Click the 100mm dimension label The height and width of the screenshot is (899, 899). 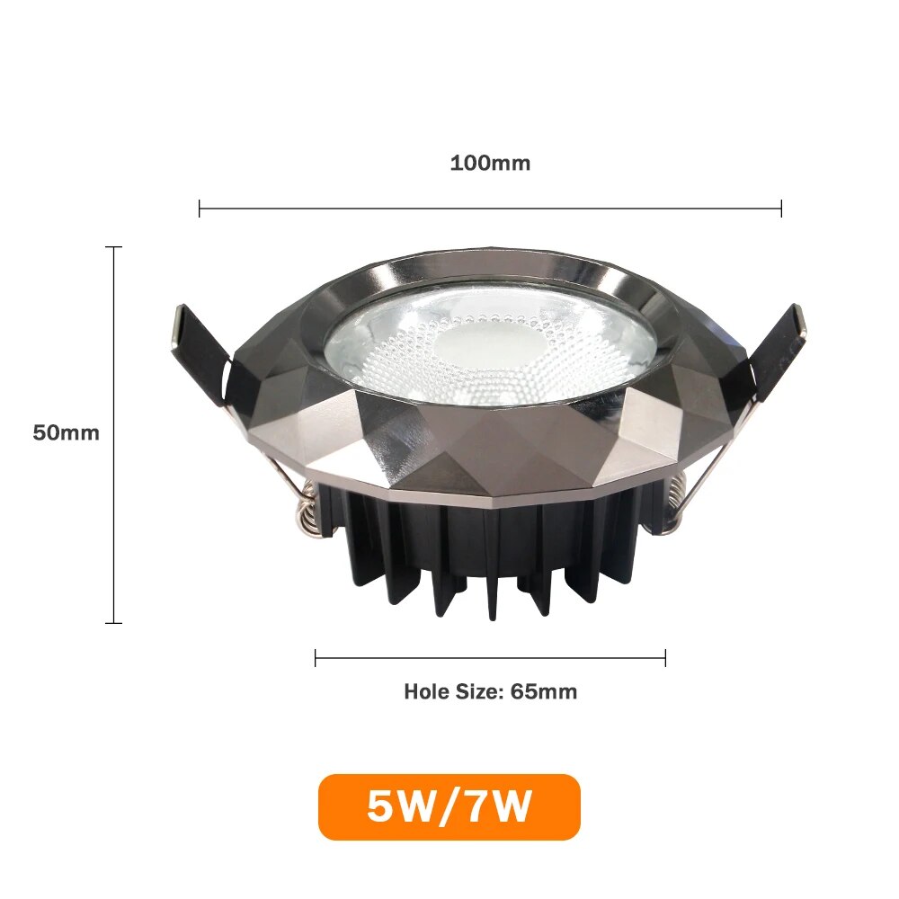(x=490, y=164)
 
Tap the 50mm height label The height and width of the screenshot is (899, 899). (x=66, y=432)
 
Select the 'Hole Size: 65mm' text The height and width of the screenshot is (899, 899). (x=490, y=692)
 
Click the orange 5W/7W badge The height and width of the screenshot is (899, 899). (x=449, y=806)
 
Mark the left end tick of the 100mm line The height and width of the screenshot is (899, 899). (x=200, y=209)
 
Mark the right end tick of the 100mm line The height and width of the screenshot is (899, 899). (x=781, y=209)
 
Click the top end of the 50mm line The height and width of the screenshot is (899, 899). (x=113, y=246)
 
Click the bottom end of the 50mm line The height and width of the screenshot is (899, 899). (x=113, y=622)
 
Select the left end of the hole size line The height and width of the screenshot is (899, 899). (x=316, y=658)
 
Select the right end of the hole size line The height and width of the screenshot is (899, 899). (x=665, y=658)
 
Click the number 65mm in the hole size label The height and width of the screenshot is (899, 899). (x=544, y=692)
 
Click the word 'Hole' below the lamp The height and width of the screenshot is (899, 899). (x=424, y=692)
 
